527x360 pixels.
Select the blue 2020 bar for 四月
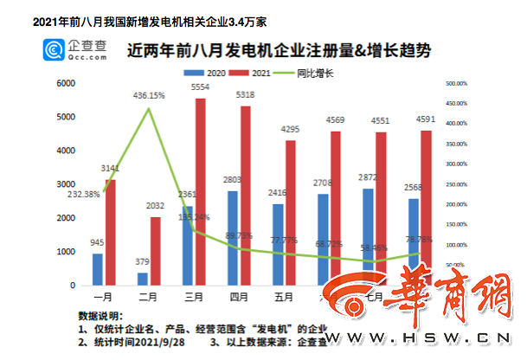tap(233, 238)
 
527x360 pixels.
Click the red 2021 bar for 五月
tap(290, 213)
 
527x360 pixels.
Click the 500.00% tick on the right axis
tap(456, 84)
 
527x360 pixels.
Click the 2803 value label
tap(233, 181)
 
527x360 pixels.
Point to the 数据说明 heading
tap(100, 316)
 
